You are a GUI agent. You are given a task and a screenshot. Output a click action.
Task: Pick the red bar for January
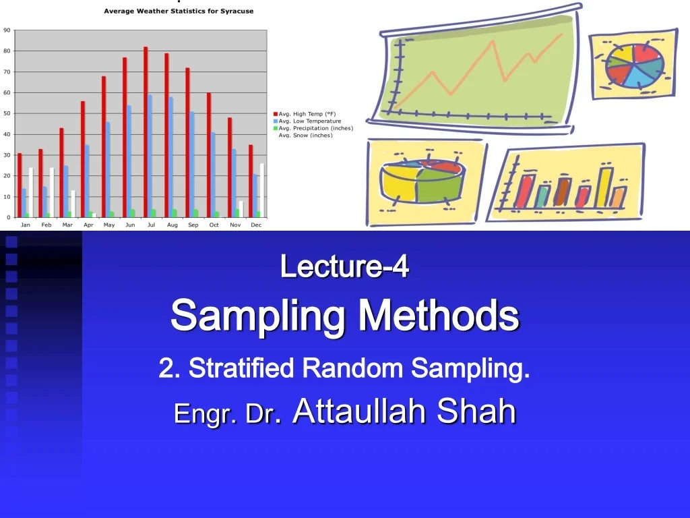click(x=20, y=185)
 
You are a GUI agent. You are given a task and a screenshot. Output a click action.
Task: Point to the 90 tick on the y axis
click(x=7, y=30)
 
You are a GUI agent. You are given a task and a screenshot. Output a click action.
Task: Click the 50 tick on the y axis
click(x=7, y=113)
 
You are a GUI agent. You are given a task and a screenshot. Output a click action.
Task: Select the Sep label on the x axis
click(x=193, y=225)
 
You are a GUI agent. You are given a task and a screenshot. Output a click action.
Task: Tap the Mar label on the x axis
click(x=67, y=225)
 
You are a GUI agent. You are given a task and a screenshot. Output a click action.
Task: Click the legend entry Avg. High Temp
click(x=307, y=114)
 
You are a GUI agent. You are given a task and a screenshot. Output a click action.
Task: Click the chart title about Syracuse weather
click(x=179, y=11)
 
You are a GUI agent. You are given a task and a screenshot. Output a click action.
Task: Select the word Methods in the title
click(x=439, y=315)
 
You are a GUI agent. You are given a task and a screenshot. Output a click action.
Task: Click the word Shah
click(x=476, y=410)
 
